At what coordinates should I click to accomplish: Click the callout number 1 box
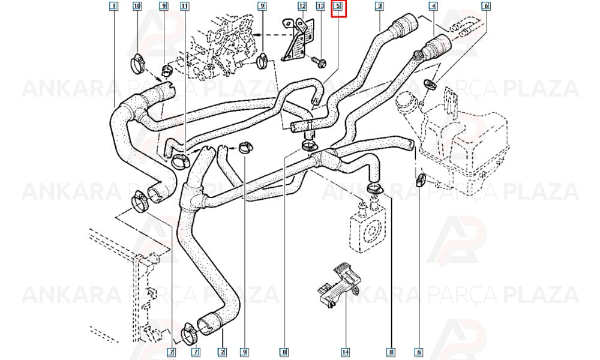tap(113, 6)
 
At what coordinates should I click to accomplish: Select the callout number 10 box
tap(137, 6)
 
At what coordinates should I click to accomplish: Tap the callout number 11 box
tap(184, 6)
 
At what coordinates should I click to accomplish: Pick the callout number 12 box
tap(302, 6)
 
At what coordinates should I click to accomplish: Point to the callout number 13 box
tap(320, 6)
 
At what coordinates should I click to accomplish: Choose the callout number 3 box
tap(379, 6)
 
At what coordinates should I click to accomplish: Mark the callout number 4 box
tap(433, 6)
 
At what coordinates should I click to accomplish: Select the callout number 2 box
tap(221, 352)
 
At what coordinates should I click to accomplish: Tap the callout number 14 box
tap(345, 352)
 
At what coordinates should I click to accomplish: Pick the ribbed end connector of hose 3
tap(403, 23)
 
